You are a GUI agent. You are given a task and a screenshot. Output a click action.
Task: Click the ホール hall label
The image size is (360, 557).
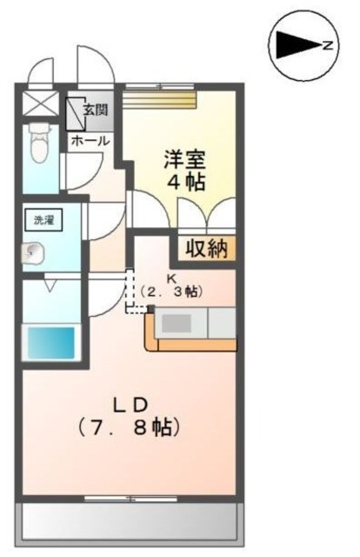90,139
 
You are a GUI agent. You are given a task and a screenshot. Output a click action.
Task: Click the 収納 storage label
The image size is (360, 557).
206,249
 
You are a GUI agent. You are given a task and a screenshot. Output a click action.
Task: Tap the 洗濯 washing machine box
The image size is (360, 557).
43,220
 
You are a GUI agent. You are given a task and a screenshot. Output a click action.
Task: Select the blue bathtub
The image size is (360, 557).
51,340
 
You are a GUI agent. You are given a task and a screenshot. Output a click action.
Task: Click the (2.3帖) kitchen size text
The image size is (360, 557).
171,292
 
